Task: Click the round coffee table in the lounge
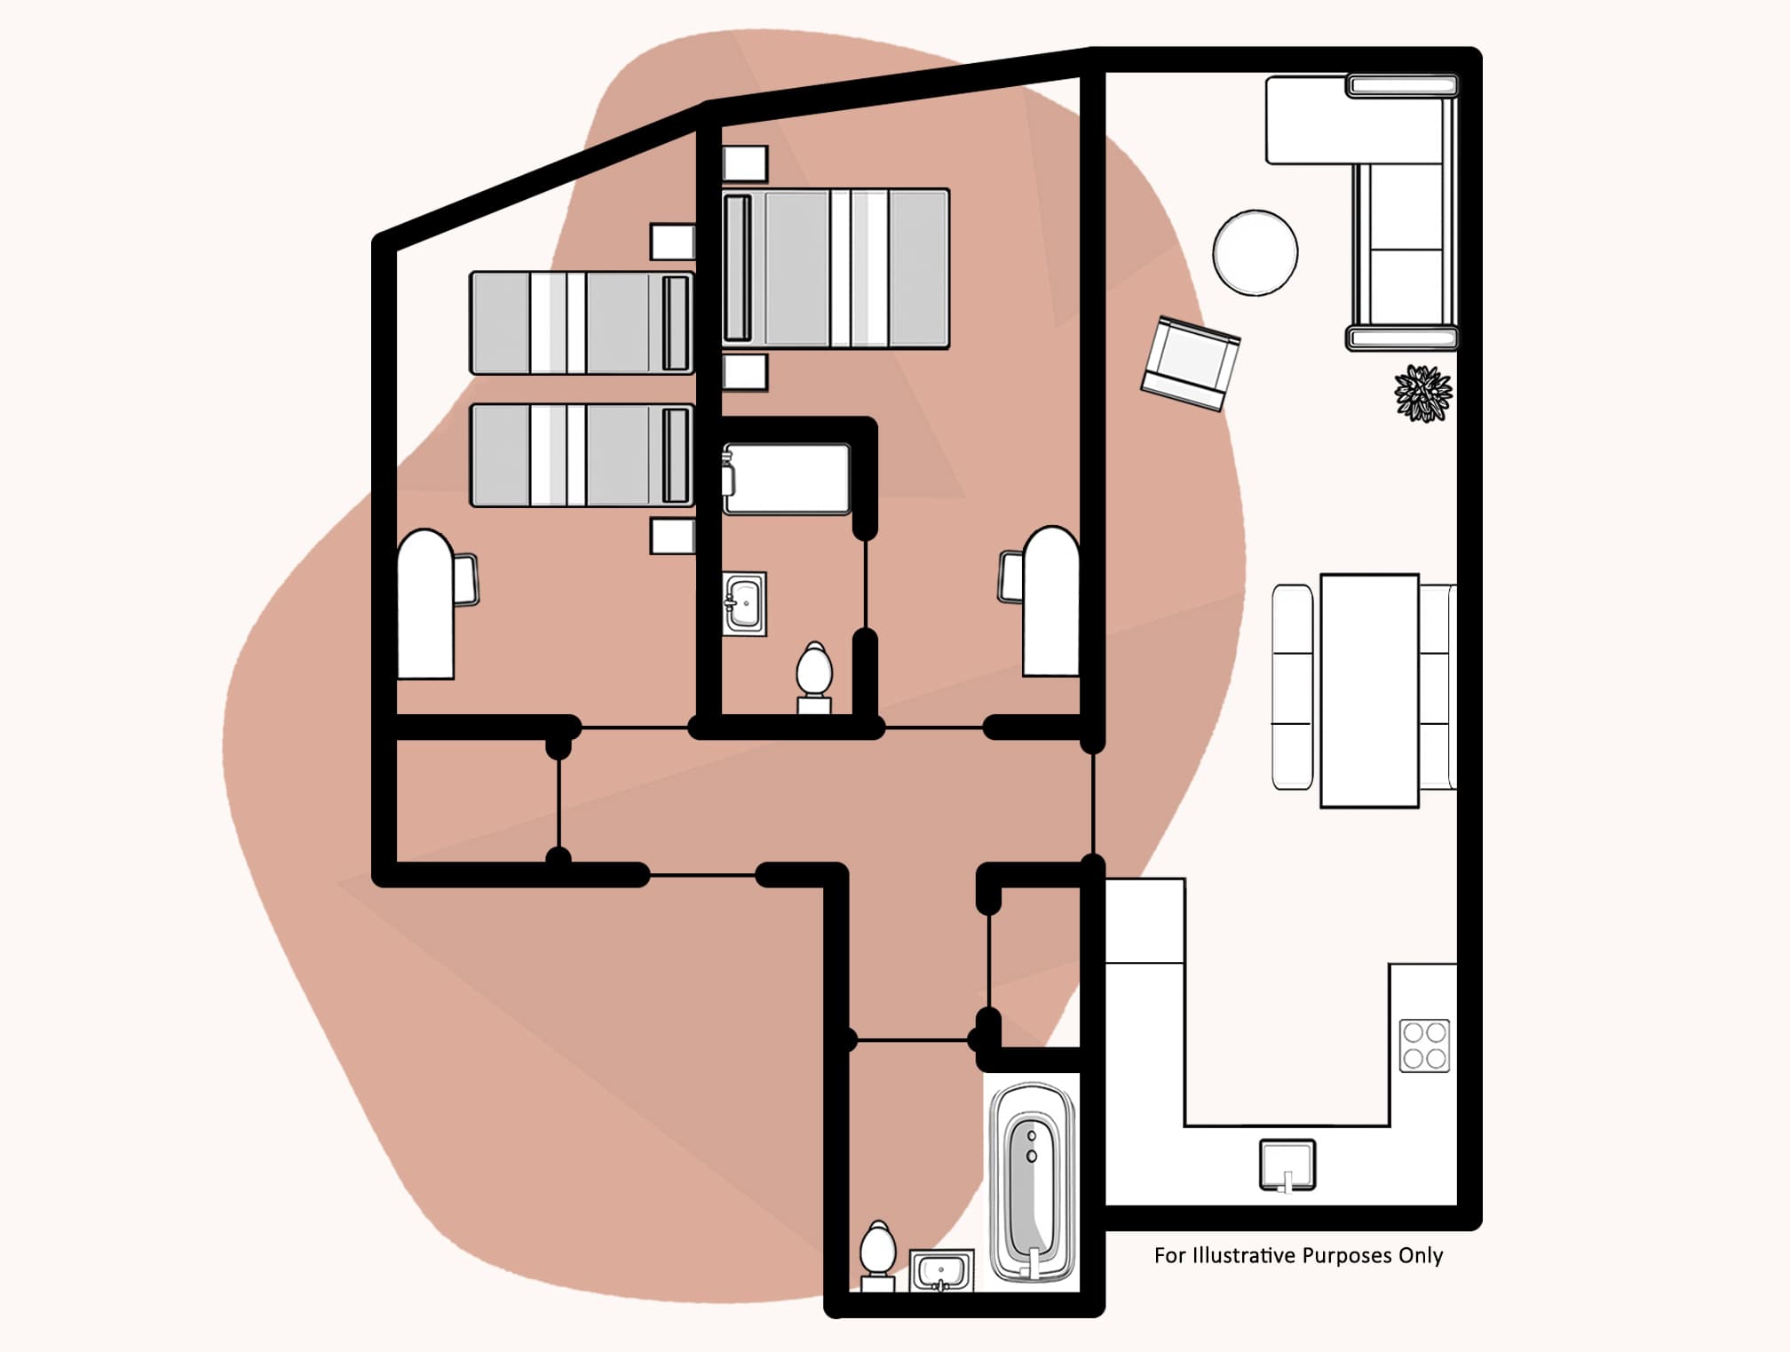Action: [x=1255, y=252]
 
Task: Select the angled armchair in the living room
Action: [x=1190, y=363]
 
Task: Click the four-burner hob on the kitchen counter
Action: [x=1424, y=1046]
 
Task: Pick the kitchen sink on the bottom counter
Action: [x=1287, y=1165]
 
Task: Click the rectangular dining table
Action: [x=1368, y=690]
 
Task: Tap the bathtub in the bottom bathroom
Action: [x=1032, y=1182]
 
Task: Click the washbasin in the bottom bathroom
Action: [x=942, y=1270]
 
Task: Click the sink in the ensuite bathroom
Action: [x=744, y=604]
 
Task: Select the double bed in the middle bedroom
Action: [x=835, y=268]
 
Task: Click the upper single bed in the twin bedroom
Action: [x=581, y=323]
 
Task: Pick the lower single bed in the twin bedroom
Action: [x=581, y=456]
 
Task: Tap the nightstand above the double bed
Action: [x=744, y=163]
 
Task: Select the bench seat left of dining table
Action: [x=1292, y=687]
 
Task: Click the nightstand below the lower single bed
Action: [x=672, y=537]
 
